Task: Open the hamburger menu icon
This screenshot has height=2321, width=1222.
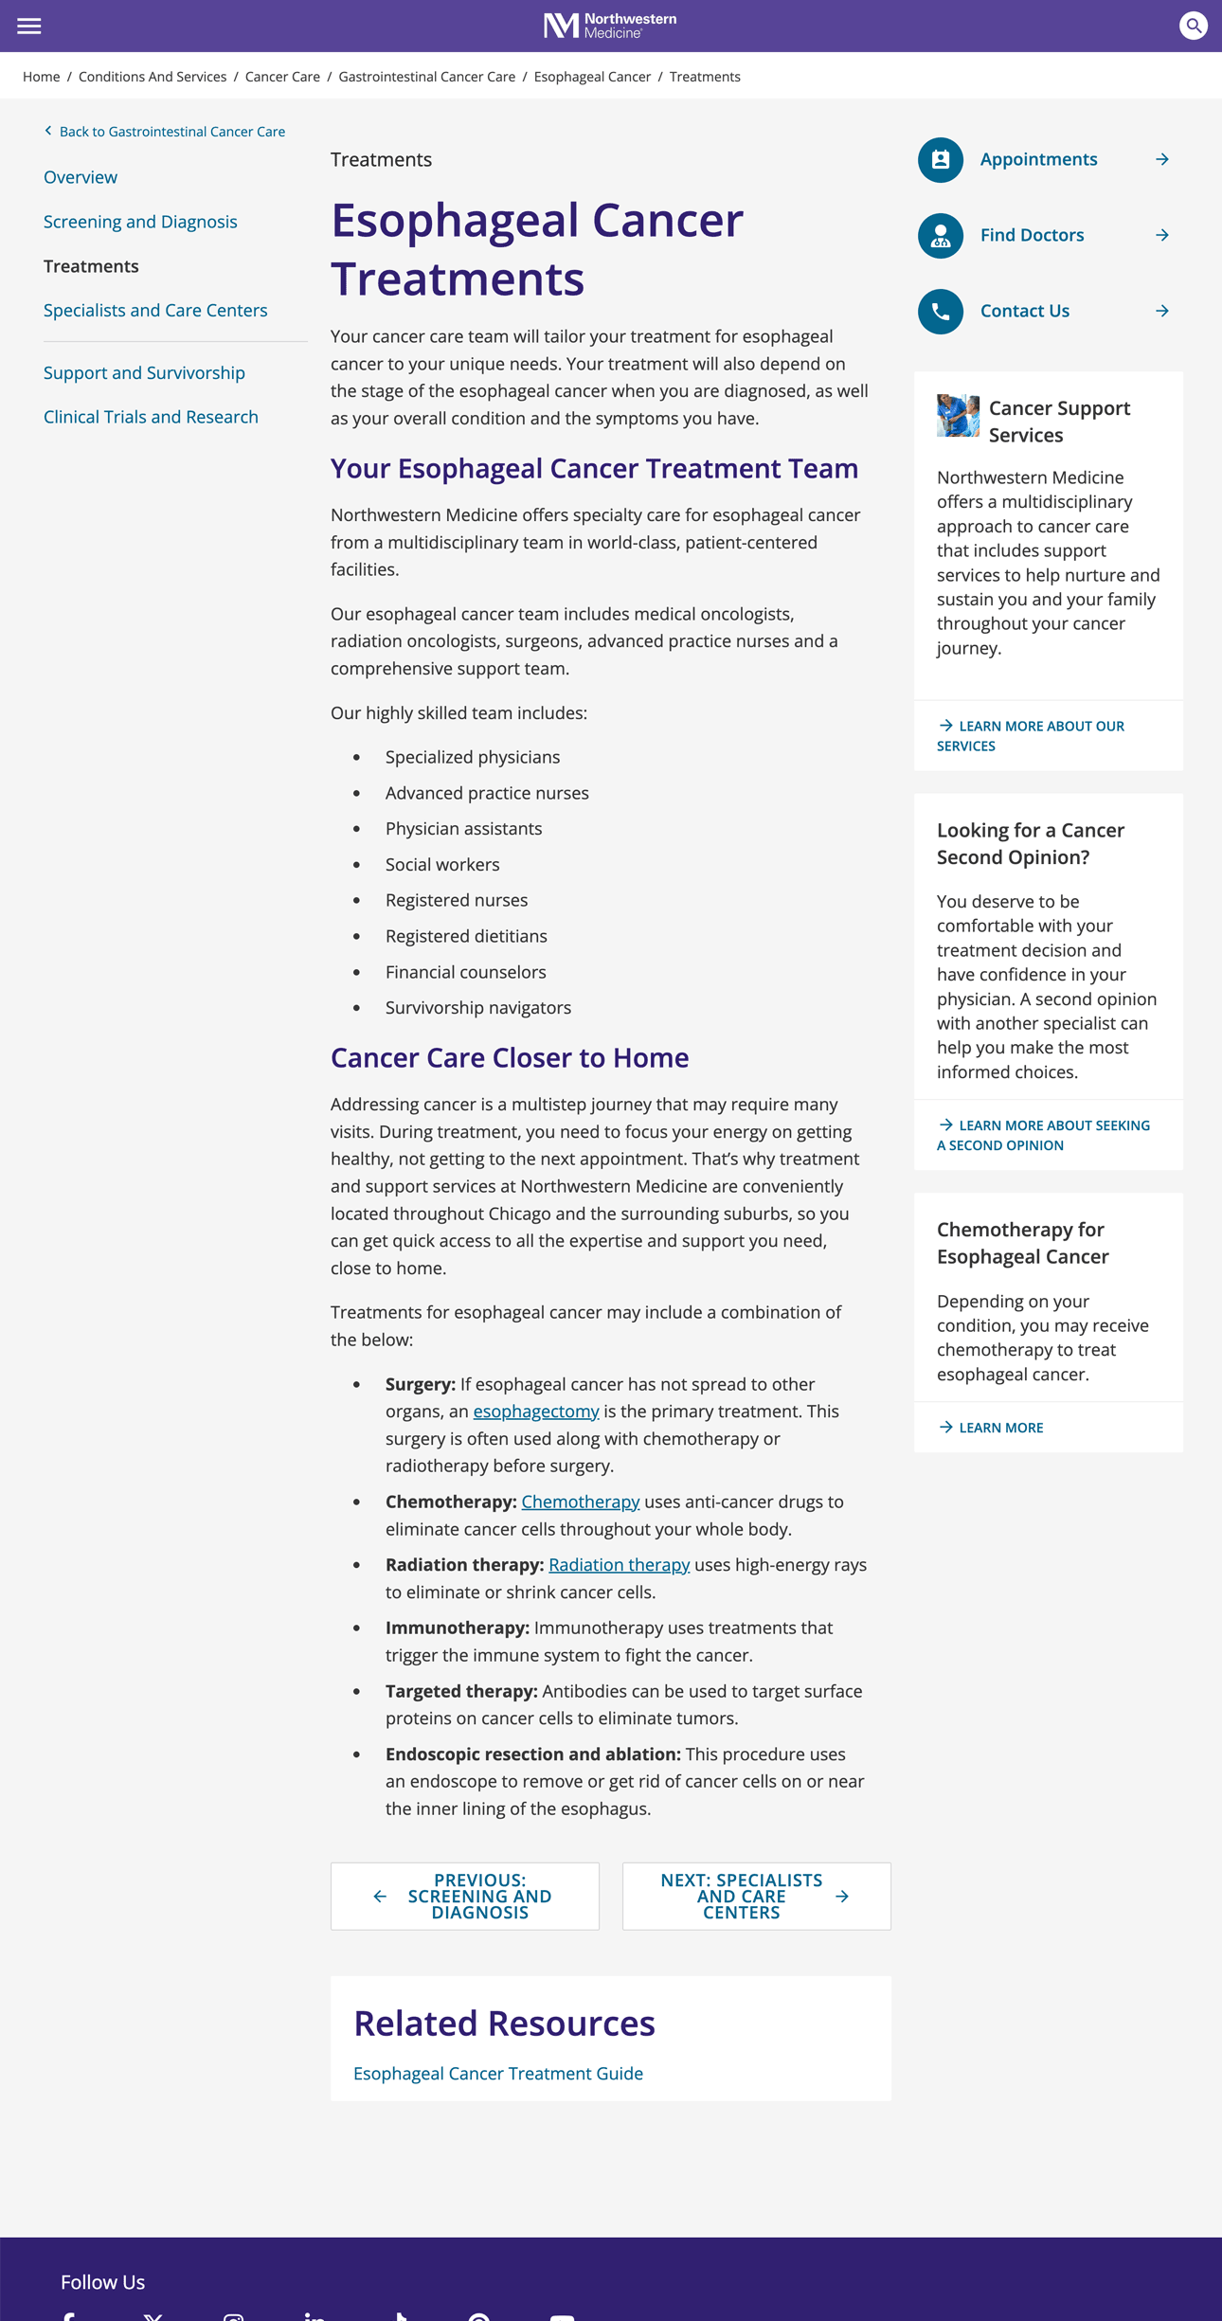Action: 29,26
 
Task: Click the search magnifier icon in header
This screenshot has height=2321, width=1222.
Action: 1193,26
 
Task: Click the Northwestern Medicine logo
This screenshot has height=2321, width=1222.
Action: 610,26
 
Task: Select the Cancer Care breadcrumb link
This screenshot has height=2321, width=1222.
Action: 282,77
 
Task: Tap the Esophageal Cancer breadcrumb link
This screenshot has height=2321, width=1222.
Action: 592,77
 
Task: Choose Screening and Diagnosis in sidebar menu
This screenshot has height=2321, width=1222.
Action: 140,222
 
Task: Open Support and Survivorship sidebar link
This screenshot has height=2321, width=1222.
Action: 144,373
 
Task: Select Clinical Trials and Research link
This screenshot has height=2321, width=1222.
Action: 151,417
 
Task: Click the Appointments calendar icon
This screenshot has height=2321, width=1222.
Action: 940,159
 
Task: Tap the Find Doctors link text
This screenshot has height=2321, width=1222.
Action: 1032,235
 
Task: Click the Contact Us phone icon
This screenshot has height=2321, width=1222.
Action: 940,311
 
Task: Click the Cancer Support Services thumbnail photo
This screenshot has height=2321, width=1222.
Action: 958,415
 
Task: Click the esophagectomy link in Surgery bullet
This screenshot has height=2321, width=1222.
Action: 536,1412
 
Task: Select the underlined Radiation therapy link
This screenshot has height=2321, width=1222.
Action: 619,1565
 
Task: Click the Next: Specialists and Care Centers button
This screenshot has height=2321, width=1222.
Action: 756,1897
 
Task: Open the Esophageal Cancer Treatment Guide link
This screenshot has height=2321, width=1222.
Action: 498,2074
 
